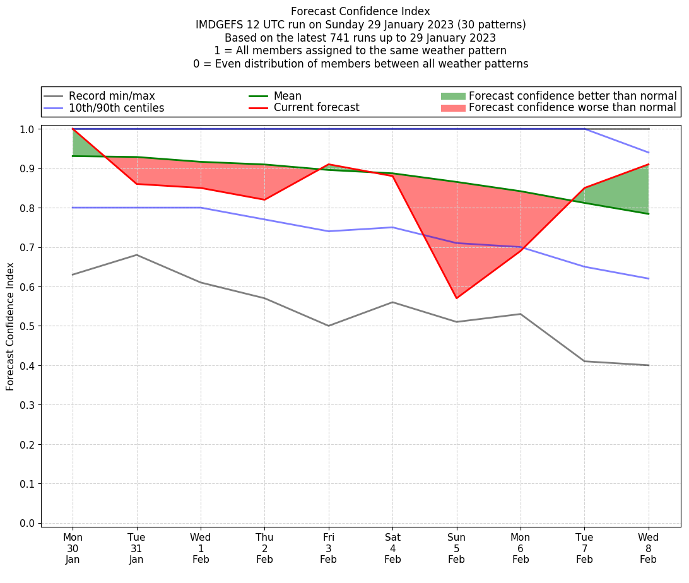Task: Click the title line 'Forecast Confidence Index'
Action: click(360, 11)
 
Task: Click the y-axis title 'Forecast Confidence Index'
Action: click(10, 326)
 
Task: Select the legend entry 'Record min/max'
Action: click(112, 96)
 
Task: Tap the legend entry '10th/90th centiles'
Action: click(116, 108)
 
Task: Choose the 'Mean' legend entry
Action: click(287, 96)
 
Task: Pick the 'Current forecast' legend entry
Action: click(316, 108)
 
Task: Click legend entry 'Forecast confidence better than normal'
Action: click(572, 96)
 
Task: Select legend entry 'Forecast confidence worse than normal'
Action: click(572, 108)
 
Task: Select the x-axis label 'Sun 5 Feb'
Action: click(456, 548)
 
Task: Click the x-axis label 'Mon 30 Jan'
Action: click(73, 548)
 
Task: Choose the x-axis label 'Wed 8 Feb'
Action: click(648, 548)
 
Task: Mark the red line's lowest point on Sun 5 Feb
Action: click(456, 298)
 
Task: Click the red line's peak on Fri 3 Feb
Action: click(329, 165)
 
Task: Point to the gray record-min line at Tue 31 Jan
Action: click(137, 255)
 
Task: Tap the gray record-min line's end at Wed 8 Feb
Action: click(648, 365)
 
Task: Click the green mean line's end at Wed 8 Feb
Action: click(648, 214)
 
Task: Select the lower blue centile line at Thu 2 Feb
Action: click(264, 220)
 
